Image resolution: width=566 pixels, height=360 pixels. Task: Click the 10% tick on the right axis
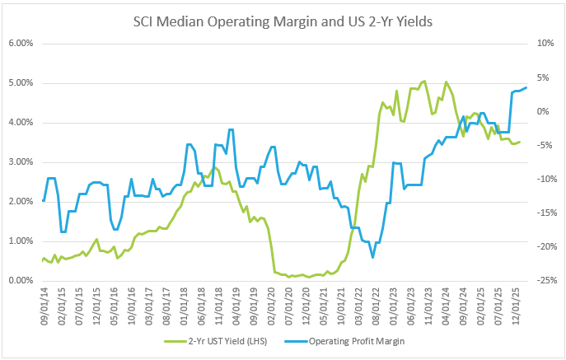coord(544,43)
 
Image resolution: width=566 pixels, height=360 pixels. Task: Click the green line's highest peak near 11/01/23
coord(424,81)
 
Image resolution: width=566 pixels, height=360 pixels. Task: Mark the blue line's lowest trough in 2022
coord(372,258)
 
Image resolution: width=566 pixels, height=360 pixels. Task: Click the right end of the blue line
coord(526,88)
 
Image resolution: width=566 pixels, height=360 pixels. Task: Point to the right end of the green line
coord(519,142)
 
